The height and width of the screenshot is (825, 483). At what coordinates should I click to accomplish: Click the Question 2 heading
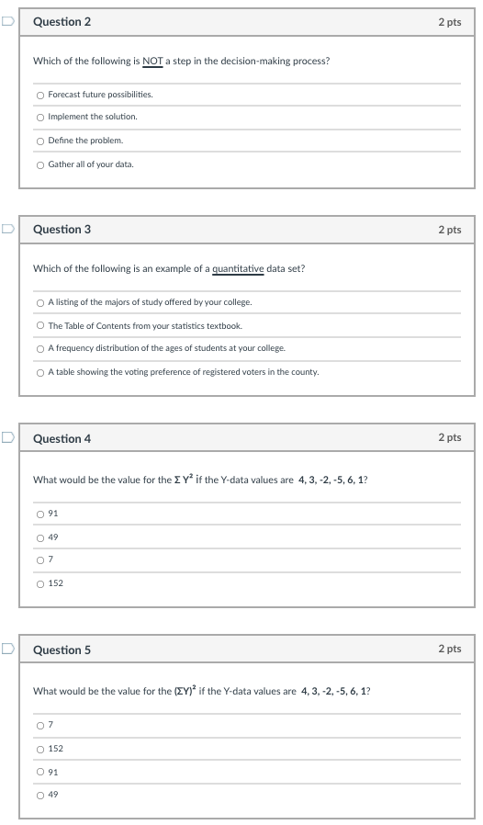pos(62,22)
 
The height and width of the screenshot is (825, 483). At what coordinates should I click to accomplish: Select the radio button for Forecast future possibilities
pos(39,95)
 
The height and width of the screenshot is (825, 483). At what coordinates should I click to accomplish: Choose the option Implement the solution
pos(39,118)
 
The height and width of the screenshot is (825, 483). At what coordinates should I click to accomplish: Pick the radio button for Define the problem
pos(39,141)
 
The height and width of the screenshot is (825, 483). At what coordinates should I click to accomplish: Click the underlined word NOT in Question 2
pos(152,62)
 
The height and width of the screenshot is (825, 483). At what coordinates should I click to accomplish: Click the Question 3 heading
pos(62,230)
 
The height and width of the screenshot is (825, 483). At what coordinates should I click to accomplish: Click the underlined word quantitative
pos(238,269)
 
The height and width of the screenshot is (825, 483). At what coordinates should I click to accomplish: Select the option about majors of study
pos(39,302)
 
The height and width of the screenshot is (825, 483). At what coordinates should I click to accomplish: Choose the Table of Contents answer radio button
pos(39,325)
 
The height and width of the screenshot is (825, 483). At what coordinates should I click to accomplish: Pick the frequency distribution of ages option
pos(39,348)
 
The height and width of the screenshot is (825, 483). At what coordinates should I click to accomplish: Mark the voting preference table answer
pos(39,372)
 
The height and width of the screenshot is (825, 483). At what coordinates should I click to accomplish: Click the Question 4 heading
pos(62,439)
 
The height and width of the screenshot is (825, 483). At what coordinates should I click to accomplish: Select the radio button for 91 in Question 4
pos(39,514)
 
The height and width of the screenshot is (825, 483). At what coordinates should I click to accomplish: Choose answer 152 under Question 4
pos(39,583)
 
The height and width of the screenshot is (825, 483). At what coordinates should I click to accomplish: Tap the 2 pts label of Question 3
pos(449,230)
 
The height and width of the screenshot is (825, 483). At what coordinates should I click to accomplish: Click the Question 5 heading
pos(62,650)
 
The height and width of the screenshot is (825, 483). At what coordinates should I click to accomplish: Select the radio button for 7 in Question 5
pos(39,726)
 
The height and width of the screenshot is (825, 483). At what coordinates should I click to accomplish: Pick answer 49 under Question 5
pos(39,795)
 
